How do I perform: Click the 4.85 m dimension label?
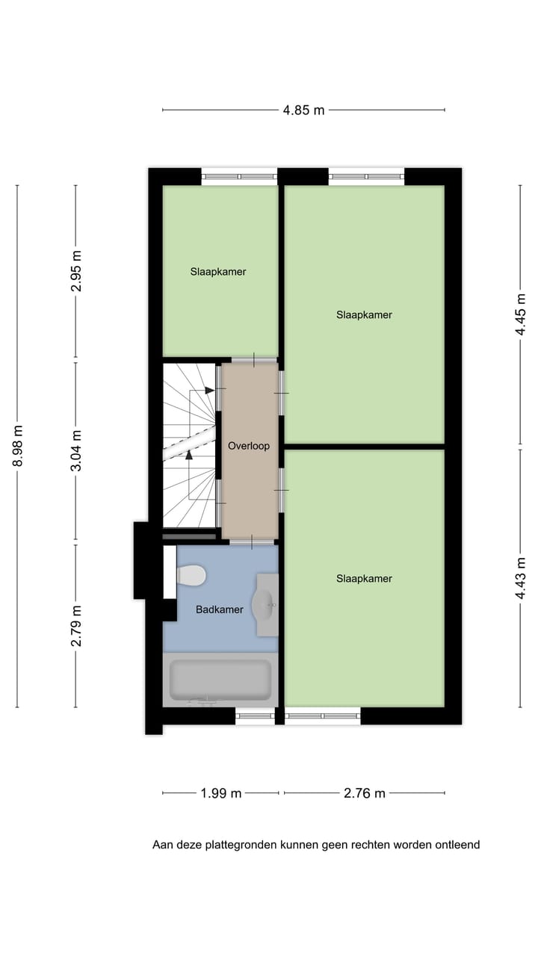tap(303, 110)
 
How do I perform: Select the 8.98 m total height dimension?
tap(17, 446)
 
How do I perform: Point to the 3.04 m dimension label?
tap(75, 450)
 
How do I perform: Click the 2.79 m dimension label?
tap(75, 626)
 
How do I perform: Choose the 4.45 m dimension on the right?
tap(521, 315)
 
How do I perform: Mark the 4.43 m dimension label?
tap(521, 578)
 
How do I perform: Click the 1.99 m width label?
tap(220, 793)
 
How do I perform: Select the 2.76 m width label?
tap(365, 793)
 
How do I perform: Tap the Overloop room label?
tap(249, 446)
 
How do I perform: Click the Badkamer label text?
tap(220, 609)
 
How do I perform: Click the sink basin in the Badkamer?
tap(264, 605)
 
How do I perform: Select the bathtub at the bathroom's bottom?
tap(220, 680)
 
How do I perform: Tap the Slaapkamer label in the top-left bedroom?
tap(218, 272)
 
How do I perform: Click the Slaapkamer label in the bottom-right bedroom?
tap(364, 579)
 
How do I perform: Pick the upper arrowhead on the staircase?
tap(210, 390)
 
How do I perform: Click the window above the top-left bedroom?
tap(239, 177)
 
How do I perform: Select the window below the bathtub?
tap(255, 716)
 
